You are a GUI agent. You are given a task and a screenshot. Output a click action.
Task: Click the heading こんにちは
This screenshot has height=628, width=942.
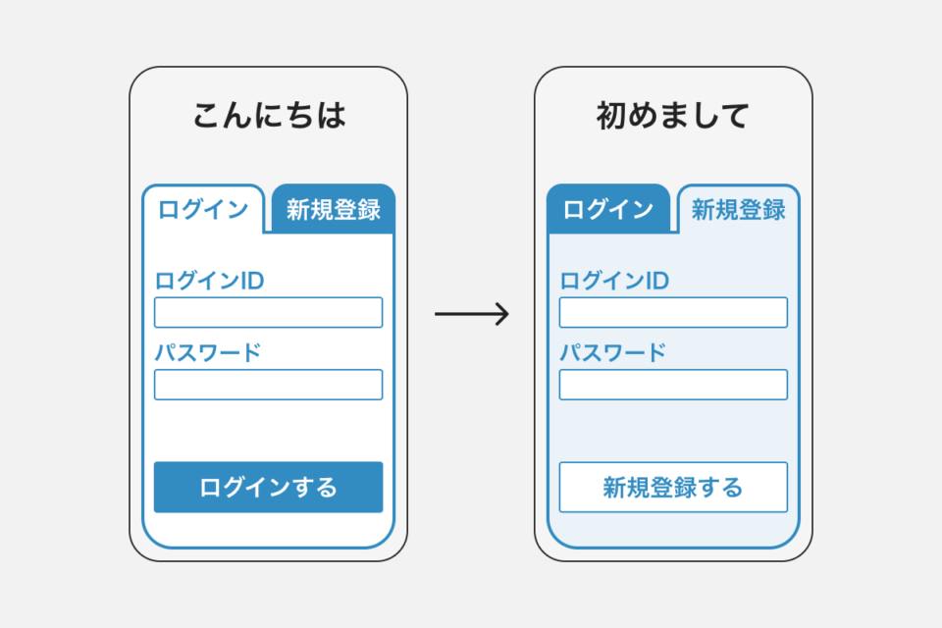click(268, 116)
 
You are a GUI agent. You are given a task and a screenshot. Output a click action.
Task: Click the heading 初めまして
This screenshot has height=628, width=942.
click(673, 116)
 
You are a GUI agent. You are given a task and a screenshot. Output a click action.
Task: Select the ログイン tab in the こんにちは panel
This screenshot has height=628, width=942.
click(204, 209)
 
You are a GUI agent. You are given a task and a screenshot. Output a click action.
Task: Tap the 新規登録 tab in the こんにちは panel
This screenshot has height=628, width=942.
click(334, 209)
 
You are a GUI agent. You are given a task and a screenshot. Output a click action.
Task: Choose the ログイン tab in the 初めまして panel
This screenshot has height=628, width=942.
click(608, 209)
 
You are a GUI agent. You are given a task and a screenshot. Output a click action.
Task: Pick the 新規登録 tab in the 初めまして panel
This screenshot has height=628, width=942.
click(738, 209)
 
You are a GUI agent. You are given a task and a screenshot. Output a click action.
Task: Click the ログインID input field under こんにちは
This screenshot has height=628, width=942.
click(268, 312)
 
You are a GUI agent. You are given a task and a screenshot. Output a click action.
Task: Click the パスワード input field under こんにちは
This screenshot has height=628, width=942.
click(268, 385)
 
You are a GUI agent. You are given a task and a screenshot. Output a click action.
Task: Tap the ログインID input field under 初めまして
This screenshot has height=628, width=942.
click(673, 312)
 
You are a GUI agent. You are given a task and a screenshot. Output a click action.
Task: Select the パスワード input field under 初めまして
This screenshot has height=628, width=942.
click(673, 385)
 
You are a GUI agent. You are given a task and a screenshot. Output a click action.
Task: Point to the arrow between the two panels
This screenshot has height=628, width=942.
click(471, 314)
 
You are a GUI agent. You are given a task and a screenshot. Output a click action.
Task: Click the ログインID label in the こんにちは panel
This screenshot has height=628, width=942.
click(210, 281)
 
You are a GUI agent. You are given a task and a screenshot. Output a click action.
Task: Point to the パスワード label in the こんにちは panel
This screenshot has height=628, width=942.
click(208, 353)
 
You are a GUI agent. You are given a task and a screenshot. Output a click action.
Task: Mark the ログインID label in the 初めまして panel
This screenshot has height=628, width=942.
click(614, 281)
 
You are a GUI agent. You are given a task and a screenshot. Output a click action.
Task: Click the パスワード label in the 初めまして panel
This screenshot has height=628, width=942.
click(613, 353)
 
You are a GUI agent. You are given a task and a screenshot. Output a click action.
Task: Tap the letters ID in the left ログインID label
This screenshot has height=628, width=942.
click(252, 281)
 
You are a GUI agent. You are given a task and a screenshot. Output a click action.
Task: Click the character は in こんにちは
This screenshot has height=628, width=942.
click(331, 116)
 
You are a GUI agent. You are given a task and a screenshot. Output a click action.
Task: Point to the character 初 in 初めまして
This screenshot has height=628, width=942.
click(612, 116)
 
